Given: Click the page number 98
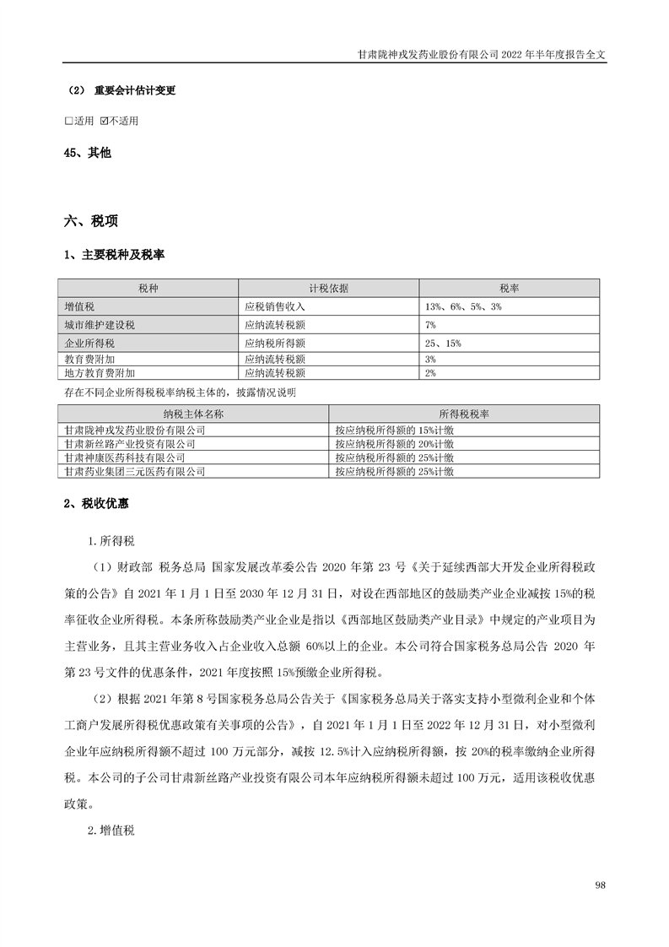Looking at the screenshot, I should coord(601,885).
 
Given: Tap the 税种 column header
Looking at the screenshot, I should coord(148,288).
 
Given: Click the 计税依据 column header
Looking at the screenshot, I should coord(328,288).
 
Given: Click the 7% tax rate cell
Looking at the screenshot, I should coord(430,324).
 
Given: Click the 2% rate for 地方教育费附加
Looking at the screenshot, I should coord(430,372).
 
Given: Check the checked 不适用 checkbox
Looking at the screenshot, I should coord(104,121).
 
